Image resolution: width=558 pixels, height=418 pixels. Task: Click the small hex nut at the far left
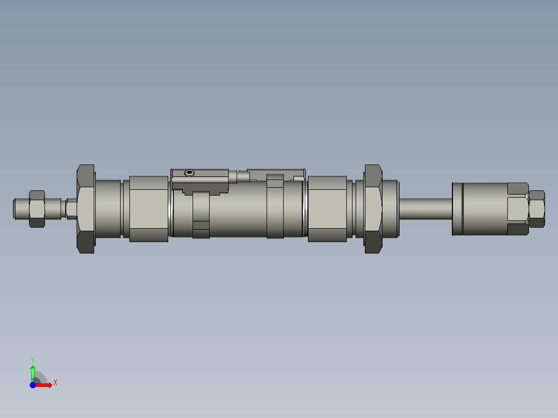coord(37,208)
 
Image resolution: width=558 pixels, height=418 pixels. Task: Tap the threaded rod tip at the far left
coord(19,208)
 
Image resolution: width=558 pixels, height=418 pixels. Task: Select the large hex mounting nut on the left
coord(86,209)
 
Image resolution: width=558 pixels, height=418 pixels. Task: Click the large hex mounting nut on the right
coord(373,209)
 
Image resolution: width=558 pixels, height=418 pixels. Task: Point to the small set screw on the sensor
coord(190,172)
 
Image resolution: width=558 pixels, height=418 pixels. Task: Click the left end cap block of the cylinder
coord(149,209)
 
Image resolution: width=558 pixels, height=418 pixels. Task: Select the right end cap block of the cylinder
coord(327,209)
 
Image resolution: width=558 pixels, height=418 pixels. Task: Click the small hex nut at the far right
coord(537,208)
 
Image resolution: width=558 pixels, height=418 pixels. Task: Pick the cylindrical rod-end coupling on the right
coord(484,208)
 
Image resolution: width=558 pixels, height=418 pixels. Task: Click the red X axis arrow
coord(46,385)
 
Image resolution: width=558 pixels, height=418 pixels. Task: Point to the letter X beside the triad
coord(55,383)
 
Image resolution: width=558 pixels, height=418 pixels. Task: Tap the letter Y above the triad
coord(32,359)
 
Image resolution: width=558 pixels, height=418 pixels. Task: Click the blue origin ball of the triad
coord(33,385)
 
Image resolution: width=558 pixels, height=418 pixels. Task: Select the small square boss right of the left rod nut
coord(72,208)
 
